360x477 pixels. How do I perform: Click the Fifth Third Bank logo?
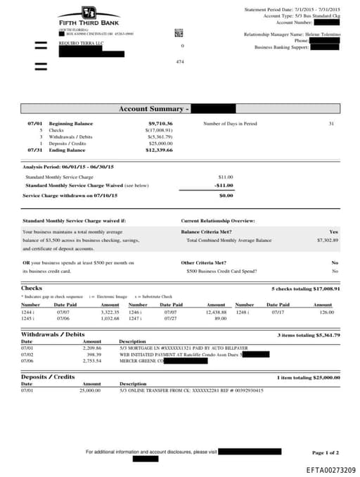(x=88, y=14)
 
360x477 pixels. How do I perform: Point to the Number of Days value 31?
(x=331, y=123)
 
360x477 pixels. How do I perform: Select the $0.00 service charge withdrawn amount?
(x=226, y=195)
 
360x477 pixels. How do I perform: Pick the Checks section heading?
(x=32, y=288)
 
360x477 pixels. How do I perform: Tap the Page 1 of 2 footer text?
(x=326, y=452)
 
